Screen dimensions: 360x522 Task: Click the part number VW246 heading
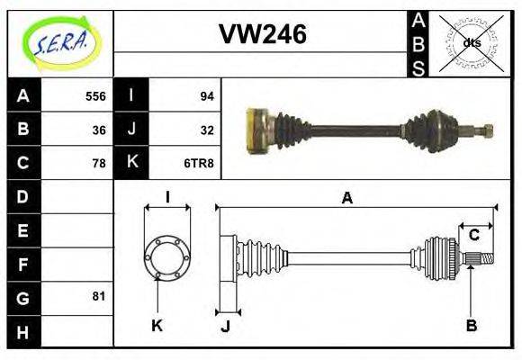[262, 35]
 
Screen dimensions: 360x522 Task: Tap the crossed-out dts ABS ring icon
[470, 42]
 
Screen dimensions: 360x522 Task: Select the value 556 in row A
[95, 96]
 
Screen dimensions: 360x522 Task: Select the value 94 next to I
[206, 96]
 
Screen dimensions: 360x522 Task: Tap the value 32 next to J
[206, 130]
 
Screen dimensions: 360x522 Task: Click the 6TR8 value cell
[200, 163]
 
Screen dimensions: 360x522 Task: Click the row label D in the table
[22, 196]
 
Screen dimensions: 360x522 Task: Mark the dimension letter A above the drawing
[346, 198]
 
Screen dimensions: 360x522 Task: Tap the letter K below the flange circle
[156, 324]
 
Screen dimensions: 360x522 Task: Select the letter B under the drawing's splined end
[471, 324]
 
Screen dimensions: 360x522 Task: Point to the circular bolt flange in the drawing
[166, 256]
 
